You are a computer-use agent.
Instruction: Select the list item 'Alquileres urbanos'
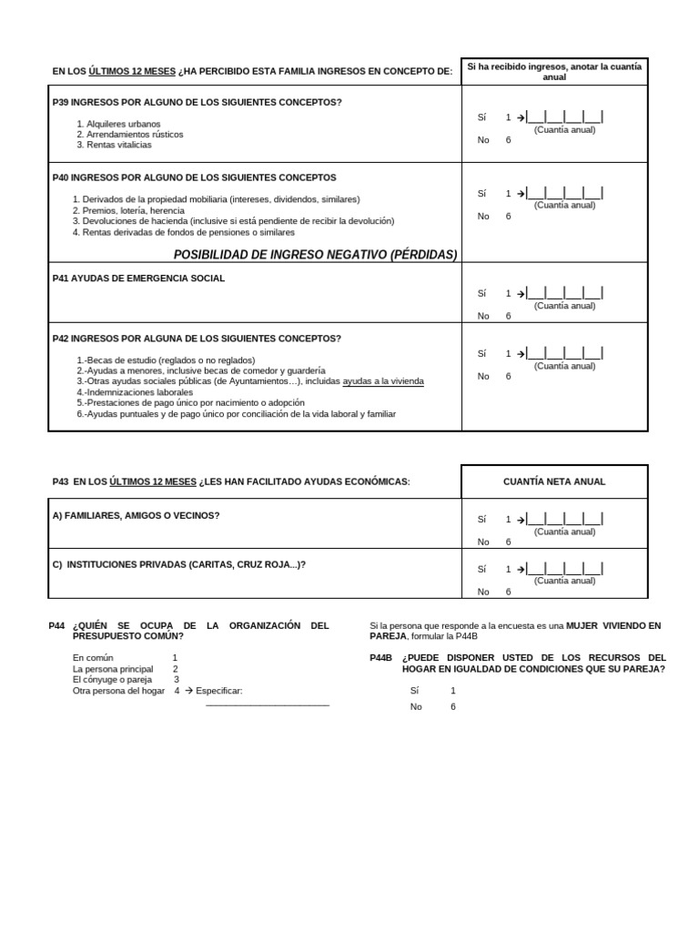pos(118,124)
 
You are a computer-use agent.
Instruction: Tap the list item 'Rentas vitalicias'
pos(115,145)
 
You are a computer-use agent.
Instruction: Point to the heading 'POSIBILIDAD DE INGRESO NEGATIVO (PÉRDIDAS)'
pos(315,255)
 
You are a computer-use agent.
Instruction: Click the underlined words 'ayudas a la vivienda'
pos(383,381)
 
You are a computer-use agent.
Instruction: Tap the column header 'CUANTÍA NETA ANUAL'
pos(554,481)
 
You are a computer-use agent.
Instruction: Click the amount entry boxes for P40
pos(564,193)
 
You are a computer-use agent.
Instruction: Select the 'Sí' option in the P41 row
pos(482,294)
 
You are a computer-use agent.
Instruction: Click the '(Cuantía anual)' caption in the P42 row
pos(564,366)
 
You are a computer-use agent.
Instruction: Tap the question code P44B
pos(380,658)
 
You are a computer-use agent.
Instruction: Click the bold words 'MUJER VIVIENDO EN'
pos(613,626)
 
